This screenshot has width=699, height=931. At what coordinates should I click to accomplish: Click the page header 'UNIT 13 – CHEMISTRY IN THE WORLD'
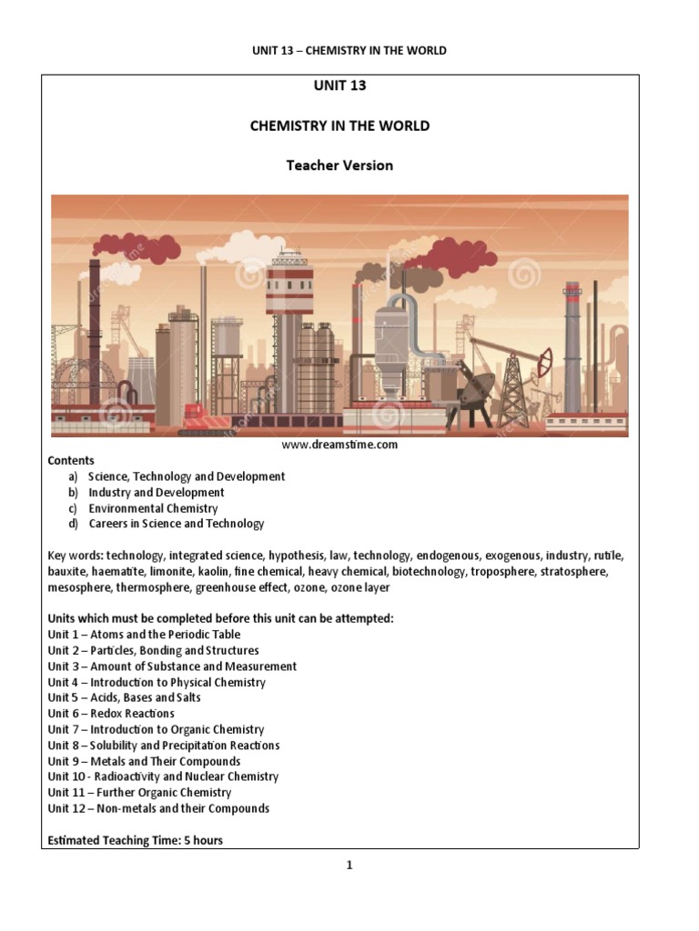pyautogui.click(x=349, y=50)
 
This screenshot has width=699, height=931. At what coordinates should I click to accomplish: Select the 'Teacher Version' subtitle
pyautogui.click(x=339, y=165)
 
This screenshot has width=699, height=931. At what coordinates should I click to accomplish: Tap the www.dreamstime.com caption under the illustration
pyautogui.click(x=339, y=445)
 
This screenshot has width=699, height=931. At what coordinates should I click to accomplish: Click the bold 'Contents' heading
pyautogui.click(x=71, y=461)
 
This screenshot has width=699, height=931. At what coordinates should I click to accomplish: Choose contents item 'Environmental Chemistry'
pyautogui.click(x=153, y=508)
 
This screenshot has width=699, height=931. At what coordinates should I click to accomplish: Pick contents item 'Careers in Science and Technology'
pyautogui.click(x=176, y=524)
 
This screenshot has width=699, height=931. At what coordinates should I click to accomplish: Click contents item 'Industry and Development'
pyautogui.click(x=156, y=492)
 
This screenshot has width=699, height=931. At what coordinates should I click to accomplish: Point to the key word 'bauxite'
pyautogui.click(x=68, y=571)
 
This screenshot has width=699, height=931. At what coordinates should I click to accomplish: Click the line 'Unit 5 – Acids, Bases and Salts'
pyautogui.click(x=124, y=697)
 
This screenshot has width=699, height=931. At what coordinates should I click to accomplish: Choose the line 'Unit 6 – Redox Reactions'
pyautogui.click(x=110, y=714)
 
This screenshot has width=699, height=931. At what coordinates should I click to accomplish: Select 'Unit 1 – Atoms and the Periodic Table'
pyautogui.click(x=144, y=635)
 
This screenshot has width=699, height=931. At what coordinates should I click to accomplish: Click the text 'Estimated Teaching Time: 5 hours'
pyautogui.click(x=135, y=840)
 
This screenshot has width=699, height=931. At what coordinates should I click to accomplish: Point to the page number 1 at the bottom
pyautogui.click(x=349, y=866)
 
